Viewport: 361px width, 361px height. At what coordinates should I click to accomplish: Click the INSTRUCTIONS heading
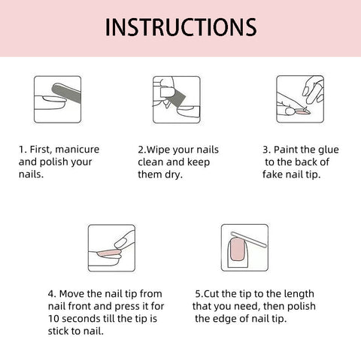180,27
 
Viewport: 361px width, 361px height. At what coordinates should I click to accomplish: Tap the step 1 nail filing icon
57,99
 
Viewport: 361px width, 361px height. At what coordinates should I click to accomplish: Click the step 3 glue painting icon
300,99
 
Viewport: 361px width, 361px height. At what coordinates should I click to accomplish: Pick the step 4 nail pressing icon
111,247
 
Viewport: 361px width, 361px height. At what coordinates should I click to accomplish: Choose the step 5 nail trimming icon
242,247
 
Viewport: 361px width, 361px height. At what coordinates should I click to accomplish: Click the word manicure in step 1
77,149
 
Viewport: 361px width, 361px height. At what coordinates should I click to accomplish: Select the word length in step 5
298,294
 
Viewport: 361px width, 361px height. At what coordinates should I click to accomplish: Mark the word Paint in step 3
287,149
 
